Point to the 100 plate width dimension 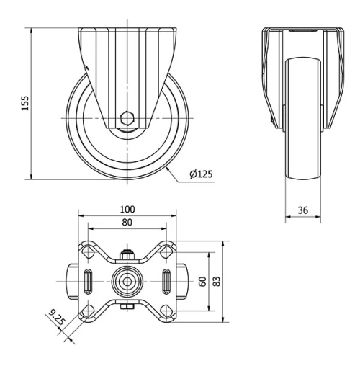[127, 209]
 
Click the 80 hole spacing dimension [127, 223]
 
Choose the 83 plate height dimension [217, 280]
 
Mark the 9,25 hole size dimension [55, 317]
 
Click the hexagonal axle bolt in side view [127, 118]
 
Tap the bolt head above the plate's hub [127, 255]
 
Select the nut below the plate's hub [127, 308]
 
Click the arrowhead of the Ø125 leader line [167, 166]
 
